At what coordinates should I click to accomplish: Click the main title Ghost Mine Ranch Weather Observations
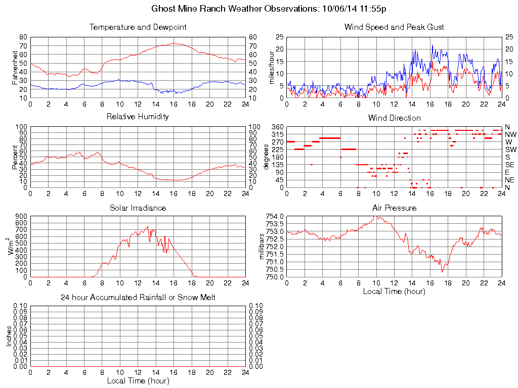[x=270, y=9]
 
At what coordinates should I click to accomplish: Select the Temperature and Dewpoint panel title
[x=138, y=27]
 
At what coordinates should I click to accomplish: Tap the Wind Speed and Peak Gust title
[x=394, y=27]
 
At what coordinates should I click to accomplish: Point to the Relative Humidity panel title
[x=138, y=117]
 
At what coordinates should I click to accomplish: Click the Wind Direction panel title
[x=394, y=118]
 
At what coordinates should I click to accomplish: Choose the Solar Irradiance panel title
[x=138, y=208]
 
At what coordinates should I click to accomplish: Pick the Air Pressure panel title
[x=394, y=208]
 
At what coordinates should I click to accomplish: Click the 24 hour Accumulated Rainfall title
[x=138, y=298]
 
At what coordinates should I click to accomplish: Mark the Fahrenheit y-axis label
[x=15, y=67]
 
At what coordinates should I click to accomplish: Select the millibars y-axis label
[x=263, y=247]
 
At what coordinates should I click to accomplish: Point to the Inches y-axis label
[x=9, y=336]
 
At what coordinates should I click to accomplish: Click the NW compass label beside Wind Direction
[x=510, y=134]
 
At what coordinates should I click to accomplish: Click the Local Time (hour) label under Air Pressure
[x=394, y=291]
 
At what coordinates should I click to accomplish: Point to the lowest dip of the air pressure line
[x=442, y=272]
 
